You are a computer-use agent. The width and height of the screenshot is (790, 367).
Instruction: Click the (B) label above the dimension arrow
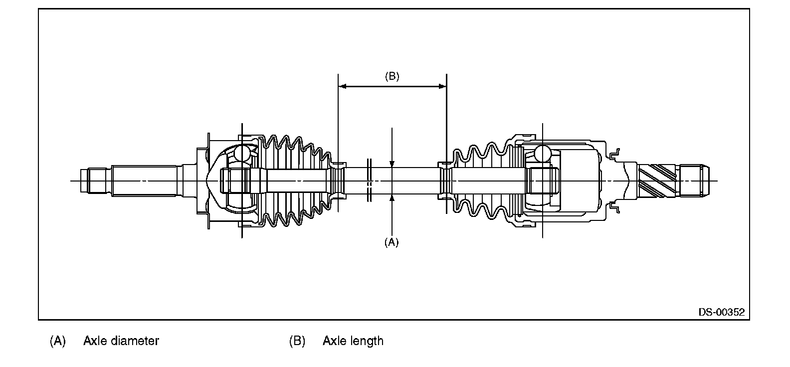pyautogui.click(x=392, y=76)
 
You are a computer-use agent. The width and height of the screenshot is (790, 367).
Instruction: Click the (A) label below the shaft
pyautogui.click(x=391, y=242)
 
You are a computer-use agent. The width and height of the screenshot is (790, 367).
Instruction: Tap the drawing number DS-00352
pyautogui.click(x=722, y=312)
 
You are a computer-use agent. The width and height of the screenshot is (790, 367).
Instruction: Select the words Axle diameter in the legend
pyautogui.click(x=121, y=341)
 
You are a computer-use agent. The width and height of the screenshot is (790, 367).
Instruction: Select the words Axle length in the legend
pyautogui.click(x=353, y=341)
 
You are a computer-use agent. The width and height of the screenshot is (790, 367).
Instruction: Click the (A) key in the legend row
pyautogui.click(x=57, y=341)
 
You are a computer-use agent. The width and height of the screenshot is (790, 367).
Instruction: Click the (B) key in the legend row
pyautogui.click(x=297, y=341)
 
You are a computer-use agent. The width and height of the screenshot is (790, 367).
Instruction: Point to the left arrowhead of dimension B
pyautogui.click(x=342, y=86)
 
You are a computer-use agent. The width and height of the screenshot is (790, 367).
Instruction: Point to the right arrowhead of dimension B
pyautogui.click(x=442, y=86)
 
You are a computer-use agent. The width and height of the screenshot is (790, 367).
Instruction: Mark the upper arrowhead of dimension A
pyautogui.click(x=392, y=164)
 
